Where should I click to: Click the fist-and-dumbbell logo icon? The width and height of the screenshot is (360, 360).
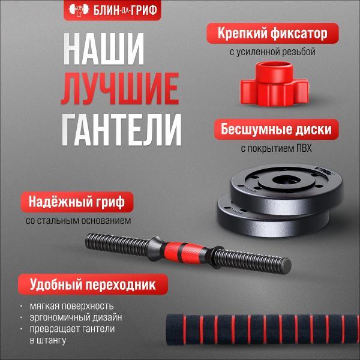pyautogui.click(x=79, y=10)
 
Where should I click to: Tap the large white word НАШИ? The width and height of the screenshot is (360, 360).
pyautogui.click(x=104, y=49)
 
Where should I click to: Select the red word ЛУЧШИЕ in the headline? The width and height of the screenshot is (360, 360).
pyautogui.click(x=120, y=89)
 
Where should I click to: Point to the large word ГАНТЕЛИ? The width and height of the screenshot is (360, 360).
pyautogui.click(x=121, y=130)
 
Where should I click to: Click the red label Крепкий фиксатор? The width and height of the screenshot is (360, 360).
pyautogui.click(x=272, y=33)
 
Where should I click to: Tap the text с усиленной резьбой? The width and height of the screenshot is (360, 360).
pyautogui.click(x=272, y=52)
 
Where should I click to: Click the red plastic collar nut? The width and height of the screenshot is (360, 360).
pyautogui.click(x=274, y=84)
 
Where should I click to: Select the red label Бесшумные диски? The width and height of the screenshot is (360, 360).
pyautogui.click(x=276, y=129)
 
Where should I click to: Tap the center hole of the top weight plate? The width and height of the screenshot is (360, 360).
pyautogui.click(x=286, y=180)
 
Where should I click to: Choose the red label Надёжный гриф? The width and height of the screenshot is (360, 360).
pyautogui.click(x=77, y=202)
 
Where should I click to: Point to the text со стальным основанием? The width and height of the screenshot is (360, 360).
pyautogui.click(x=78, y=221)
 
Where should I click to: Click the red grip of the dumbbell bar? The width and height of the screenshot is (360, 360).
pyautogui.click(x=184, y=252)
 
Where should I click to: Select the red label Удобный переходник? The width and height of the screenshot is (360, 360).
pyautogui.click(x=93, y=284)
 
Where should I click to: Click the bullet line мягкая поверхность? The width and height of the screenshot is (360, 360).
pyautogui.click(x=71, y=306)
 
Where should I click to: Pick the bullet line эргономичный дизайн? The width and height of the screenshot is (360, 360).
pyautogui.click(x=76, y=318)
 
